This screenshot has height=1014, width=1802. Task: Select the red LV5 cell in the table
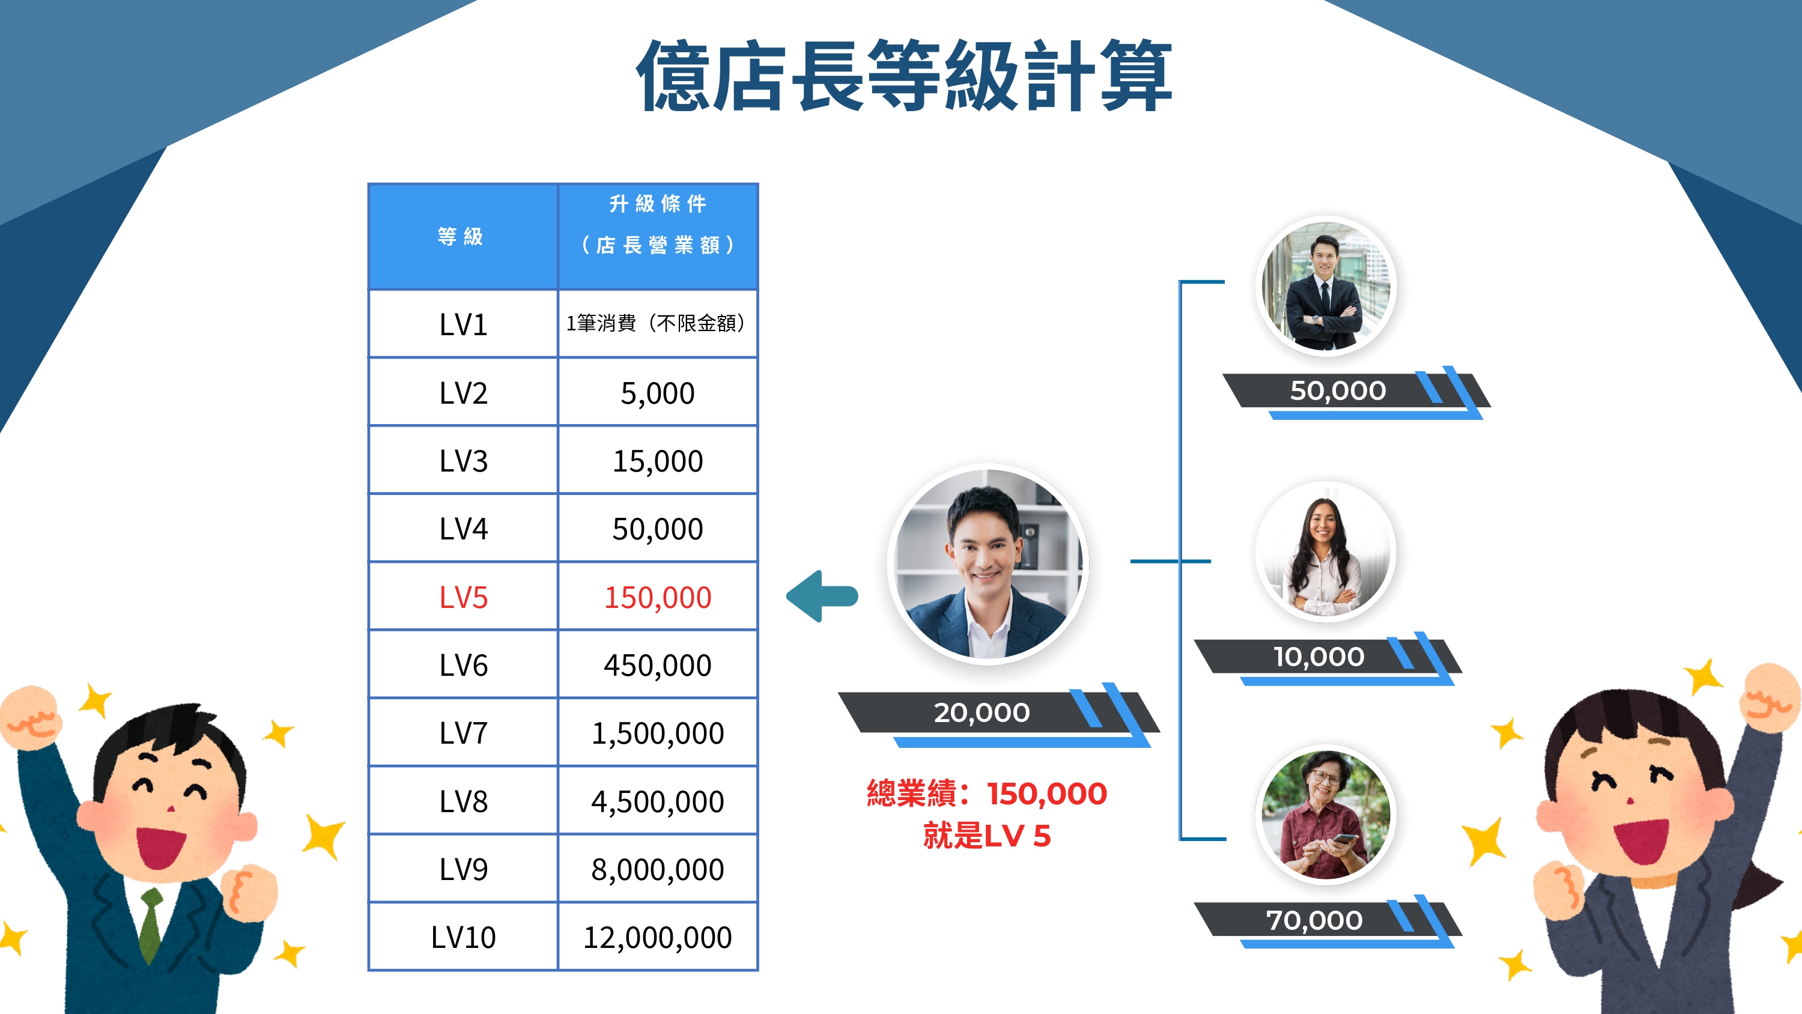(463, 597)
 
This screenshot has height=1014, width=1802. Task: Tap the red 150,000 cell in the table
(658, 597)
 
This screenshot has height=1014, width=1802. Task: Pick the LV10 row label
(463, 937)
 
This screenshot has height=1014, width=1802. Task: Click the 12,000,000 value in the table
(658, 937)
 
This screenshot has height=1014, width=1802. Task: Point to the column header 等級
(461, 237)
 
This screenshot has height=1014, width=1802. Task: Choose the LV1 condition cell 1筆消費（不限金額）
(658, 323)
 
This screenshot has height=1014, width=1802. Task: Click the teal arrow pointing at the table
(822, 597)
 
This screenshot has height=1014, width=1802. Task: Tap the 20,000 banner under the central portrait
(981, 712)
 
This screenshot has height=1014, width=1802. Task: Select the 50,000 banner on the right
(1338, 390)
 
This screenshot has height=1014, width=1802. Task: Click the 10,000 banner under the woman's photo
(1318, 657)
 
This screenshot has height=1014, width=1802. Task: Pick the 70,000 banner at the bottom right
(1314, 920)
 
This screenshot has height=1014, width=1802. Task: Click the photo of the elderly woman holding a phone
(1325, 815)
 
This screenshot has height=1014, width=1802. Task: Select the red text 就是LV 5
(986, 836)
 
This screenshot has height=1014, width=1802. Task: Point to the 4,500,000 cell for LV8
(658, 801)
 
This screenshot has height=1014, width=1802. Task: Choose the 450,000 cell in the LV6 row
(658, 665)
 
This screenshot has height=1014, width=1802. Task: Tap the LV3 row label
(463, 461)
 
